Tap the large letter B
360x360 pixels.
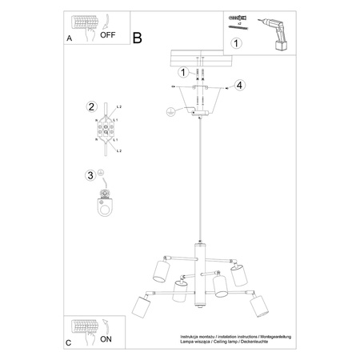click(137, 37)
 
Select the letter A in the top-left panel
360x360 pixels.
click(69, 38)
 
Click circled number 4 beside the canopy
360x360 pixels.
click(239, 86)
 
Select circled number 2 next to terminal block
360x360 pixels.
click(92, 106)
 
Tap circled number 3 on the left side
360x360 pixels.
click(92, 175)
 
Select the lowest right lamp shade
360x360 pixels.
click(258, 306)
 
